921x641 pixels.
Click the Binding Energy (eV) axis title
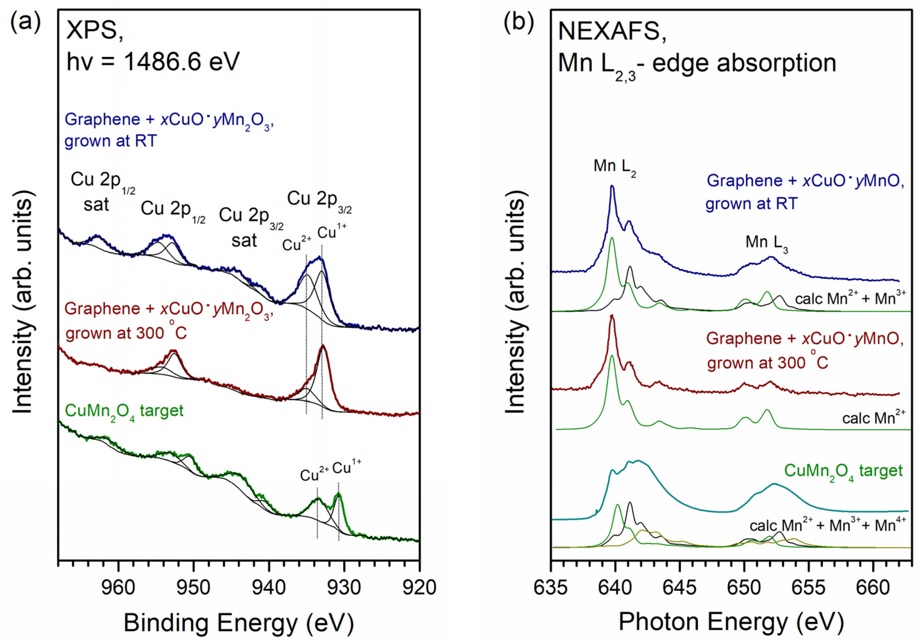[x=238, y=623]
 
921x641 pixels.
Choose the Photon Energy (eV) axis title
[x=731, y=622]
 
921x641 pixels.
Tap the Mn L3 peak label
[x=767, y=244]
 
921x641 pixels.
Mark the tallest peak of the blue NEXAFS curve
[x=612, y=187]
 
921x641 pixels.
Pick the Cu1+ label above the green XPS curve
[x=347, y=468]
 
